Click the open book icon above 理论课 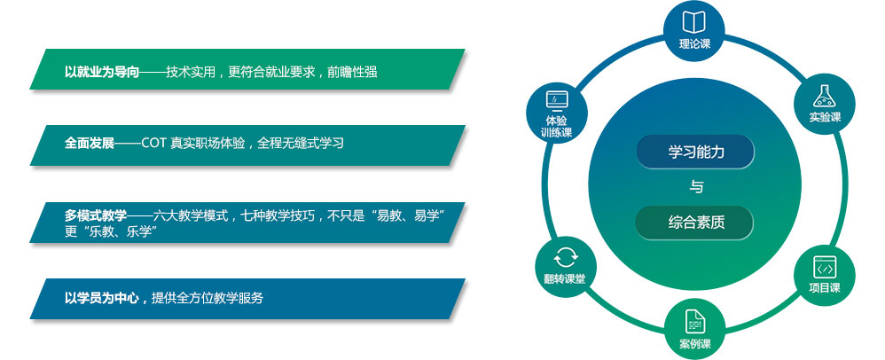[694, 22]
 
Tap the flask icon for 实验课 [825, 97]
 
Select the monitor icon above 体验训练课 [557, 100]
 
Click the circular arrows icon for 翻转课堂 [566, 257]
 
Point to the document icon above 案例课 [695, 321]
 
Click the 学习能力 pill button [695, 152]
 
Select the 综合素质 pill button [695, 223]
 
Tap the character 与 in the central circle [696, 187]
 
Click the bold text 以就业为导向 [102, 72]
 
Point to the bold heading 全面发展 [90, 143]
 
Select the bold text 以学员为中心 [102, 298]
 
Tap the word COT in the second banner [153, 144]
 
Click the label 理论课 [695, 44]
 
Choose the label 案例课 [695, 344]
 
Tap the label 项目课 [825, 288]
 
